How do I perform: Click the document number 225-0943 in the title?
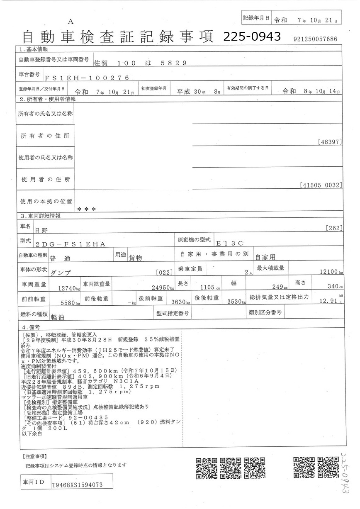252,37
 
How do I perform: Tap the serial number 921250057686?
315,39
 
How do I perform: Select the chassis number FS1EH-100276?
81,78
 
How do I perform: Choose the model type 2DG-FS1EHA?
71,244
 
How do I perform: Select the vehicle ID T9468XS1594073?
77,485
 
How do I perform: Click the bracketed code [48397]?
330,142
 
